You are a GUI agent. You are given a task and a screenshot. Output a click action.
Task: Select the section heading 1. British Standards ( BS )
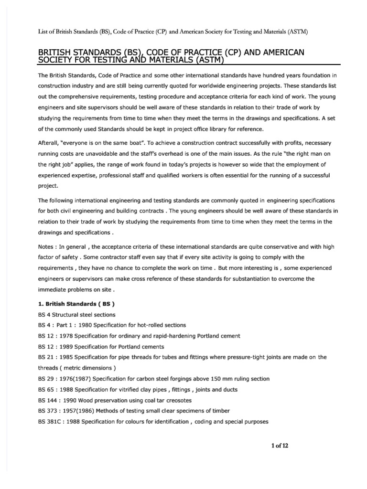[76, 304]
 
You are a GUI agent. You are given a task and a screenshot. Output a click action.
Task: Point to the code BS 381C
[49, 422]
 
